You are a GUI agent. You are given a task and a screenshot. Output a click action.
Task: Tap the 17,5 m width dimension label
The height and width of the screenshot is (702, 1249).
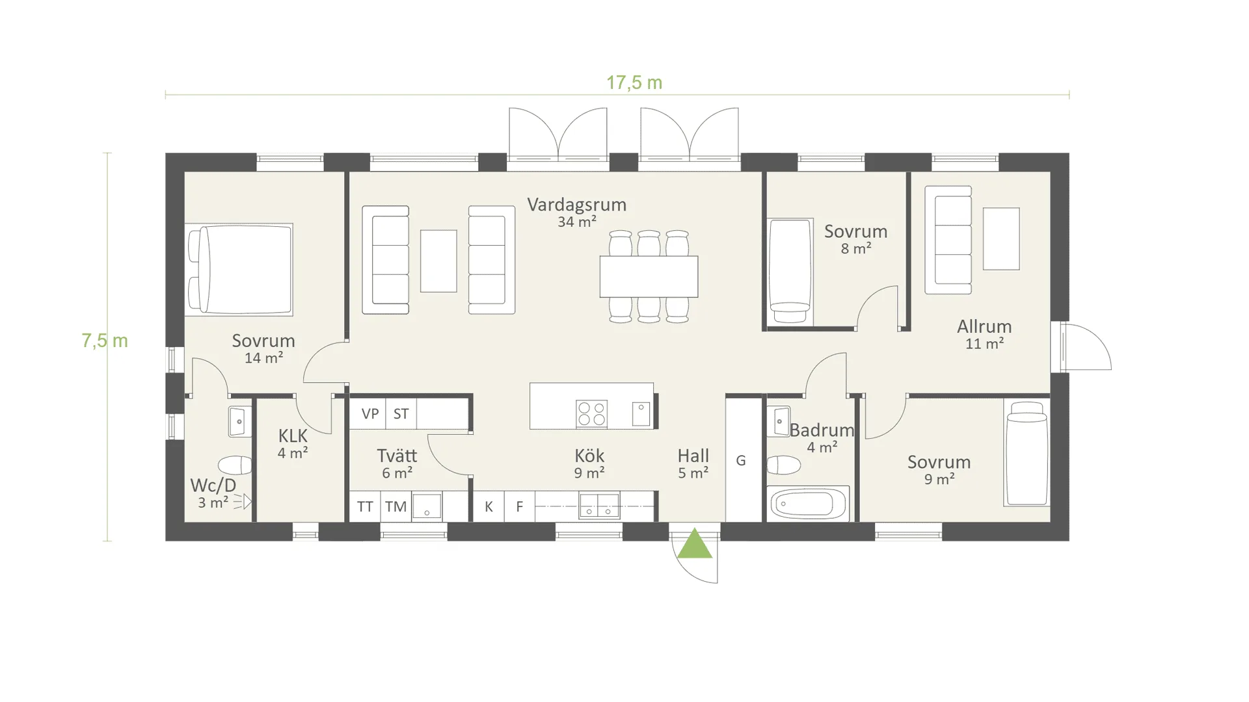(634, 83)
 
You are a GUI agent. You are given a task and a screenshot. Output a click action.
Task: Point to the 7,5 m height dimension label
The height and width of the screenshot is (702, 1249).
(105, 341)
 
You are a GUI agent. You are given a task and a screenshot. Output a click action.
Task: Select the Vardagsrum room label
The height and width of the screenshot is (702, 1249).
(576, 205)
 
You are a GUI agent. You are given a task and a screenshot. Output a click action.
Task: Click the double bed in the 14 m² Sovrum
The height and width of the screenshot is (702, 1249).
(239, 270)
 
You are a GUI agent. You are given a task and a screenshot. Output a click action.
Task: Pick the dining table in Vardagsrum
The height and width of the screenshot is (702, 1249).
(649, 276)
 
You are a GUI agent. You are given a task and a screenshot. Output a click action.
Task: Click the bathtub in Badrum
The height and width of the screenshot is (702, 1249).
(808, 503)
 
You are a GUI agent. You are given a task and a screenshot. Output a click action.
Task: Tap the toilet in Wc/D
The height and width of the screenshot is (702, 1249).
(235, 465)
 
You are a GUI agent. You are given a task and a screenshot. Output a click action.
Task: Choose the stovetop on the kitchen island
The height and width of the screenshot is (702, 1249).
(591, 414)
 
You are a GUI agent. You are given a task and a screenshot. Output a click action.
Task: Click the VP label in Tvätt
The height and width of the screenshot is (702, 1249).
(370, 414)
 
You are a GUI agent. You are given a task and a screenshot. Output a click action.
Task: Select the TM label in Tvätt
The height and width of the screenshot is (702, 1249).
(396, 507)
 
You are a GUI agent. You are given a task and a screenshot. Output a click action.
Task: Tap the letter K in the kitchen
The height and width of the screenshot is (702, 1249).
(489, 507)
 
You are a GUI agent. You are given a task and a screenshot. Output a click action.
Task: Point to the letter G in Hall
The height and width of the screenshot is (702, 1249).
(741, 461)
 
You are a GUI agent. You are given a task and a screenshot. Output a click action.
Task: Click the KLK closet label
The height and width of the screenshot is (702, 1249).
(293, 435)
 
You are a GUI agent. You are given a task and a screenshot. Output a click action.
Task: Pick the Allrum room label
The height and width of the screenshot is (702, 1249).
(984, 326)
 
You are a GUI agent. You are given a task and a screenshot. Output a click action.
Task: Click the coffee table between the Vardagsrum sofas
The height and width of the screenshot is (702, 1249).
(438, 261)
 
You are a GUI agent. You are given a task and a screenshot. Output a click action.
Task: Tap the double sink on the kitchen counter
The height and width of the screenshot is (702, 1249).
(599, 506)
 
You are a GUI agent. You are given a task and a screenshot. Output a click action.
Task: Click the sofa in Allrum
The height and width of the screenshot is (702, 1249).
(948, 240)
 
